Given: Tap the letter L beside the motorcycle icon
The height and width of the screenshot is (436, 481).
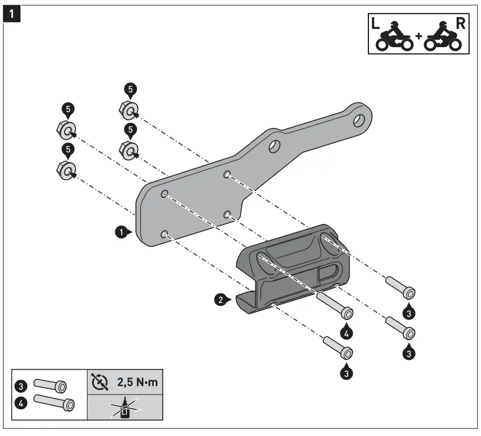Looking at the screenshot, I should point(375,24).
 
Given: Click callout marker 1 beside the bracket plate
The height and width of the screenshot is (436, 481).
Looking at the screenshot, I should point(121,231).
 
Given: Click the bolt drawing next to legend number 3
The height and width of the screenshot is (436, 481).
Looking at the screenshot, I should point(49,386).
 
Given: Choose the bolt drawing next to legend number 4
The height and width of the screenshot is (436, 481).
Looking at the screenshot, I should point(54,403).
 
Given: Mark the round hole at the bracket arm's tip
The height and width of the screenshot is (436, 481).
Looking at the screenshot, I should point(358,120).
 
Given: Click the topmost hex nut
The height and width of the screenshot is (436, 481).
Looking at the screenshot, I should point(130,109).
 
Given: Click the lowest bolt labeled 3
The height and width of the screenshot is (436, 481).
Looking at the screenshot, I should point(335,347).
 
